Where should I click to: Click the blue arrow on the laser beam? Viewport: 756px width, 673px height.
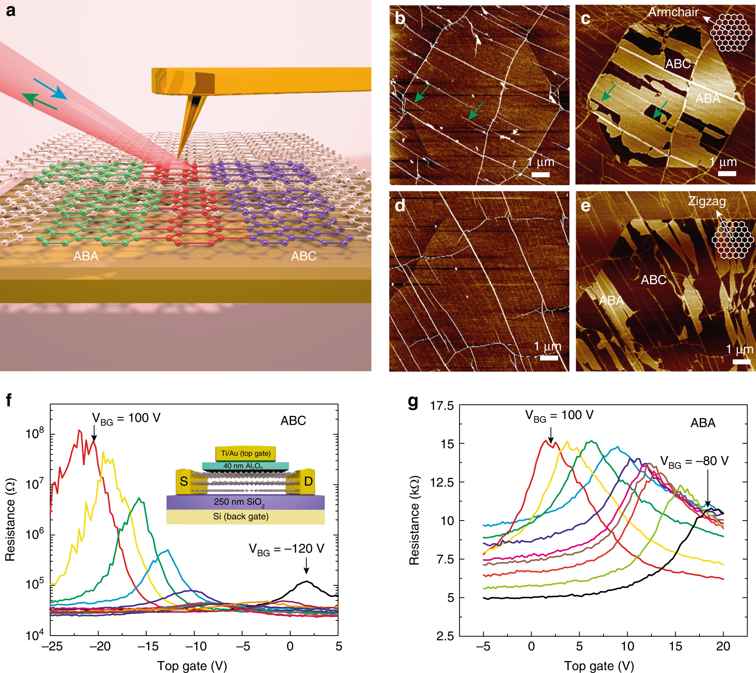click(50, 89)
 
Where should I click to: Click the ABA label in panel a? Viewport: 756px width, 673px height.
click(86, 256)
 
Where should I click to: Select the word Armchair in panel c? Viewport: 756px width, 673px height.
click(673, 12)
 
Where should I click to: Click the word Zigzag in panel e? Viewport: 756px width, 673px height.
click(707, 201)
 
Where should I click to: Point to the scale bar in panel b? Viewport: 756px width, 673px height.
click(541, 174)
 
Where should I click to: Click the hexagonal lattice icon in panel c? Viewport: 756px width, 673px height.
click(731, 33)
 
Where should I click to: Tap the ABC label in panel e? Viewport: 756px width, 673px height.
click(653, 280)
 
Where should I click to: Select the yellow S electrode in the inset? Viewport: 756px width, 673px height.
click(184, 482)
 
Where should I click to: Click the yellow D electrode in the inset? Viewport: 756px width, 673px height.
click(308, 482)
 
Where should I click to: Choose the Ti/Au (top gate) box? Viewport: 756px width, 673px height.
click(246, 453)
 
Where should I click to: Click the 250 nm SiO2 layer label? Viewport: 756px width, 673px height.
click(239, 502)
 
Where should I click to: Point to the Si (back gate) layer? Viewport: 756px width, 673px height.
click(241, 517)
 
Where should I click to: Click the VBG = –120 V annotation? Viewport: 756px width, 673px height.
click(286, 549)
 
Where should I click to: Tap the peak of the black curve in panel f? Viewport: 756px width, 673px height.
click(307, 581)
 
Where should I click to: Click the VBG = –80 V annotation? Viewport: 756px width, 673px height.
click(694, 461)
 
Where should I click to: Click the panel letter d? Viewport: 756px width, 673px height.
click(400, 206)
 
